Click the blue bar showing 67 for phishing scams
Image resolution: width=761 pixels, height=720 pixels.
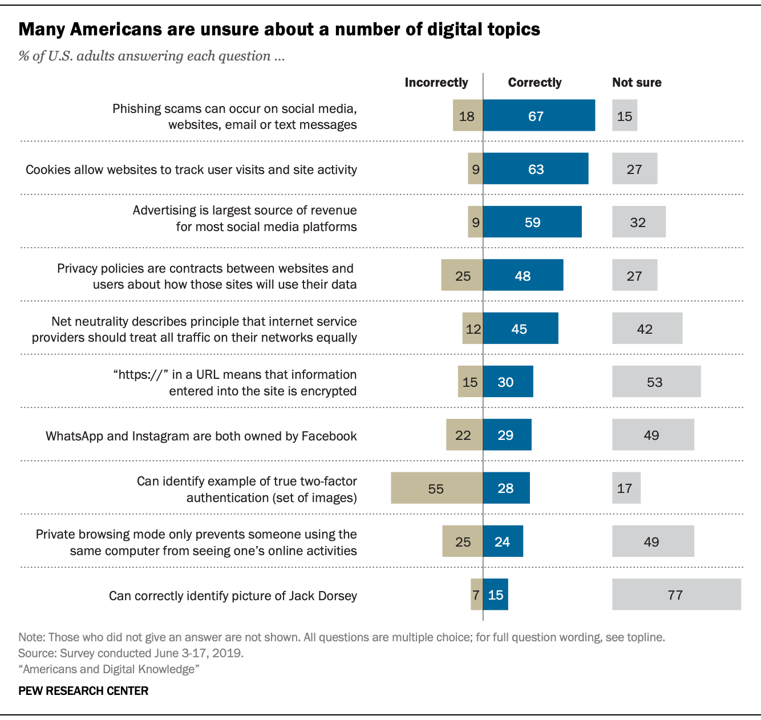(x=539, y=115)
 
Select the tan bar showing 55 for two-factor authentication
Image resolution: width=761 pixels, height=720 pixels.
(x=436, y=488)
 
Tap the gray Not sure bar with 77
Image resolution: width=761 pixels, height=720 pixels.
(x=677, y=594)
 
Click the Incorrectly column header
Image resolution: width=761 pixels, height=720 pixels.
(x=436, y=83)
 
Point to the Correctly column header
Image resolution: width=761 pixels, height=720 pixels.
(x=535, y=83)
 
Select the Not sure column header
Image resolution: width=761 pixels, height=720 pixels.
(x=637, y=83)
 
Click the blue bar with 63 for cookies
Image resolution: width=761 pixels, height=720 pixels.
(x=536, y=168)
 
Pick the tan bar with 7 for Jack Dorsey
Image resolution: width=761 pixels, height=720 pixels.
(x=477, y=594)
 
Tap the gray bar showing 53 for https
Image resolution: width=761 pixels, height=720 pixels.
(x=657, y=381)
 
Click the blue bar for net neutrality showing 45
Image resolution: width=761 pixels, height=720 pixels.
(x=521, y=328)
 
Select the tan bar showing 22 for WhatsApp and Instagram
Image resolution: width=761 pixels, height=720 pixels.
(x=464, y=434)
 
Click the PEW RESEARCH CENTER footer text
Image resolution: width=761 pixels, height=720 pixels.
(x=83, y=690)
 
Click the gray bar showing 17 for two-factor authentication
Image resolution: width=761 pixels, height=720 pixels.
(x=626, y=488)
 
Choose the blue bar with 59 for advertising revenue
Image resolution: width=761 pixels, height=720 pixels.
(x=532, y=221)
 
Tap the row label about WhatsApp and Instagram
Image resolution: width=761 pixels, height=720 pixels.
(x=201, y=436)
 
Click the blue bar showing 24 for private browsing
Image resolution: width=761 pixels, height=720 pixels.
(x=503, y=541)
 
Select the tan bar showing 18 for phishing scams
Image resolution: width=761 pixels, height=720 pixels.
(x=468, y=115)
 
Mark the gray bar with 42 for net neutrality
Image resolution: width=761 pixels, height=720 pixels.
(x=647, y=328)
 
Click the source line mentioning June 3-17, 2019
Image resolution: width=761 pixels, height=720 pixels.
(x=131, y=653)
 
